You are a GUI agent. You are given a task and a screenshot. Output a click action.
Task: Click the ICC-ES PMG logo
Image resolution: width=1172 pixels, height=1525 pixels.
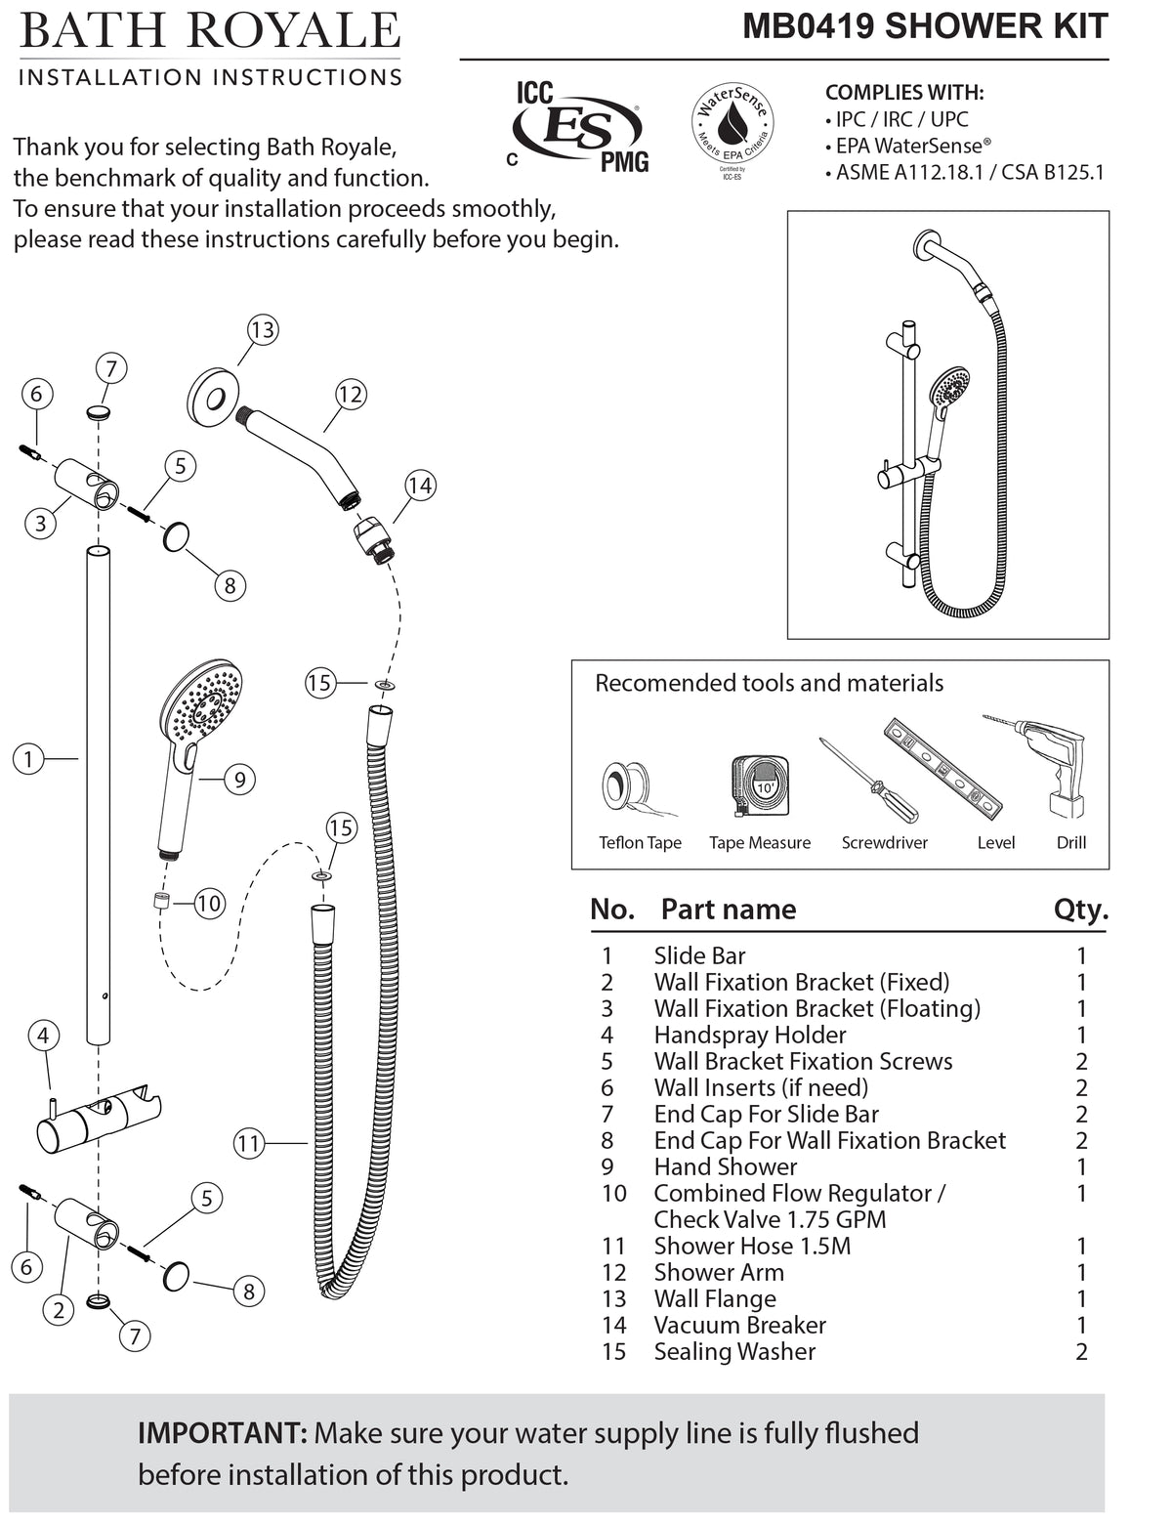pos(579,127)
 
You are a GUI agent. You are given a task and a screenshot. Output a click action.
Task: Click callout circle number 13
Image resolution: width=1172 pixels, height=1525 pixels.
pos(262,330)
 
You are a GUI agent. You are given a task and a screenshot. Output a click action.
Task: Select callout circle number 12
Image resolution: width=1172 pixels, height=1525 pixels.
pos(350,395)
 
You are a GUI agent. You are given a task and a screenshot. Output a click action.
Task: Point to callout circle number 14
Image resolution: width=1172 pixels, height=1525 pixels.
pos(420,486)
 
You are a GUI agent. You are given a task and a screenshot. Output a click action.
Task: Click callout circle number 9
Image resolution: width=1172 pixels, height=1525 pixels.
pos(239,779)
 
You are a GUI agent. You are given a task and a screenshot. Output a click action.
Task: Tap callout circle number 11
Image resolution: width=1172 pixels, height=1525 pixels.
pos(249,1143)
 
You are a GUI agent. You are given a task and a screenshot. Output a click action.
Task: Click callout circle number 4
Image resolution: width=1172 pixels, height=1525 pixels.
pos(43,1036)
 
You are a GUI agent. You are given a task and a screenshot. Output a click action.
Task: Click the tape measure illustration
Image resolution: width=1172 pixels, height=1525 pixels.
pos(759,784)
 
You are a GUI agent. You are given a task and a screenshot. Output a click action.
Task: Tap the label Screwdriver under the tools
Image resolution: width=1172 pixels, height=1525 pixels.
pos(884,843)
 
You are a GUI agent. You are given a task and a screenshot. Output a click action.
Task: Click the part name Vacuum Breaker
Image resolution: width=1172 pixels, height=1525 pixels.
pos(739,1325)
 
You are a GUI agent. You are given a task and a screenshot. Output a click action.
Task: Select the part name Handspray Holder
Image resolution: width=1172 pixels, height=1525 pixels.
pos(749,1035)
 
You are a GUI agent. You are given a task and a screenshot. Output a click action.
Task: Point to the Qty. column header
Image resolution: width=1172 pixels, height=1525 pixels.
pos(1080,910)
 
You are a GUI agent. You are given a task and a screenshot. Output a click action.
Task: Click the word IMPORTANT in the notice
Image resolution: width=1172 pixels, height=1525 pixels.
pos(223,1433)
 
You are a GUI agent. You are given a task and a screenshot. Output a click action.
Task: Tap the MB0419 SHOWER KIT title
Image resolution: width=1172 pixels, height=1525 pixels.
pos(925,26)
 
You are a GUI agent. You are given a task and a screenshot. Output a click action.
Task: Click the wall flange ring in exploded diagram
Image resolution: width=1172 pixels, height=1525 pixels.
pos(214,399)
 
